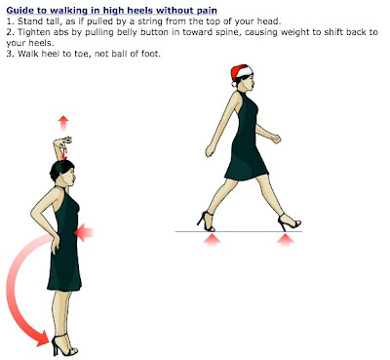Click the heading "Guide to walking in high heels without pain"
tap(117, 10)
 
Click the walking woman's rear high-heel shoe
tap(208, 220)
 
